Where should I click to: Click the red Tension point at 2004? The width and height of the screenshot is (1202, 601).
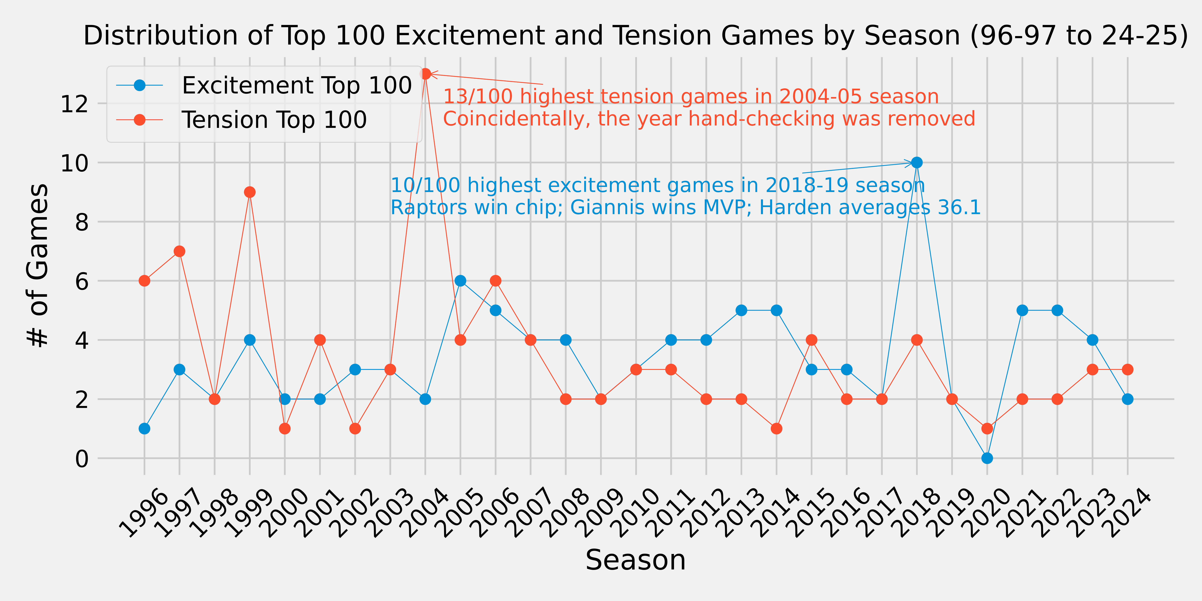point(425,74)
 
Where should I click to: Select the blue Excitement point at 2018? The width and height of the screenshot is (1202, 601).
point(916,162)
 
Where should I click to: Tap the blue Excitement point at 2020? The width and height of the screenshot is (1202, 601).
point(987,458)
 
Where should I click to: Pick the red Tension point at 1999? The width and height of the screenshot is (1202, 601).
point(250,192)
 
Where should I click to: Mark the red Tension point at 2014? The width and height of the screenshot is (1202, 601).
point(776,428)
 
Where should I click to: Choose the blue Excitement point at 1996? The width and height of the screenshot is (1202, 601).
point(144,428)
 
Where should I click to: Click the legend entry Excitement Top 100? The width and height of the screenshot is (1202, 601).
point(296,85)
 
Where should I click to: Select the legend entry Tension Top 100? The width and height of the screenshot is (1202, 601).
point(274,120)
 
